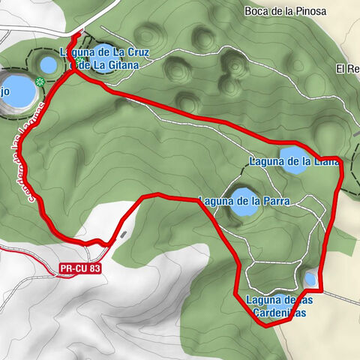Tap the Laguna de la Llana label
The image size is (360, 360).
[293, 160]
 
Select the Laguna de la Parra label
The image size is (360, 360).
[243, 200]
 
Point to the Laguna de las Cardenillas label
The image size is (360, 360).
[276, 306]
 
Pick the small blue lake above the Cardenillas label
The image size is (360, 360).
[310, 279]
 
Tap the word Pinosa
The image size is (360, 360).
[315, 10]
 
